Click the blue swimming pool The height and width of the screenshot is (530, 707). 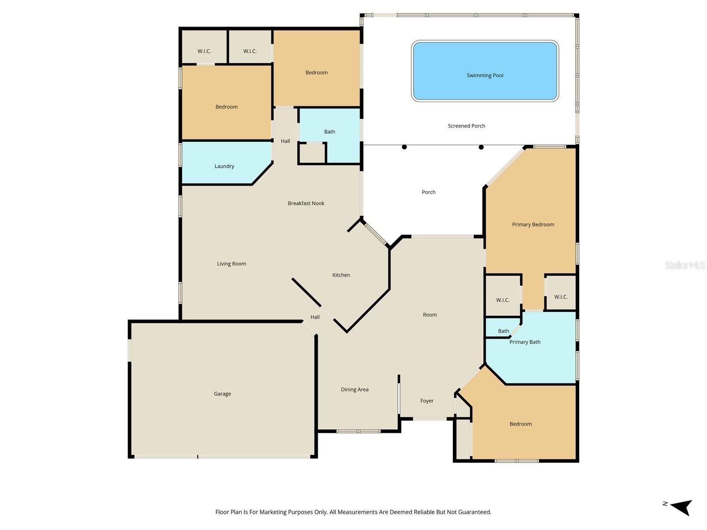pos(485,71)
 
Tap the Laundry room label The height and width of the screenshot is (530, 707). pos(224,167)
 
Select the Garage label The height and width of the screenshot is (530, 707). pos(222,394)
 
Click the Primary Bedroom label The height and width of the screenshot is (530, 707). pos(533,224)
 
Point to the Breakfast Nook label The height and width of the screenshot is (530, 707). pos(306,204)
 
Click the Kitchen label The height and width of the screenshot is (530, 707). pos(341,275)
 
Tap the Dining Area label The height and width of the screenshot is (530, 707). pos(354,390)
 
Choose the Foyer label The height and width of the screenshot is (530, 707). pos(427,401)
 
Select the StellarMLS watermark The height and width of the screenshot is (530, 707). pos(685,265)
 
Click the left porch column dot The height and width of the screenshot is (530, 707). pos(404,147)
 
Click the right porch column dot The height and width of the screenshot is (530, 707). pos(481,147)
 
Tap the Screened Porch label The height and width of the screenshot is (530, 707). pos(466,126)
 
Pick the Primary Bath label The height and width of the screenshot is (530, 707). pos(525,342)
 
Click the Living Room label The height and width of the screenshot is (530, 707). pos(231,264)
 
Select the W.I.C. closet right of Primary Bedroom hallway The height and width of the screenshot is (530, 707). pos(561,297)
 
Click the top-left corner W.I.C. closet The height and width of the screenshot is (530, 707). pos(204,51)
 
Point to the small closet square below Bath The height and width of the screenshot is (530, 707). pos(312,153)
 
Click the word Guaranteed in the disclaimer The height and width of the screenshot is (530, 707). pos(475,512)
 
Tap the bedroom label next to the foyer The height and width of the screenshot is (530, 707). pos(521,424)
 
